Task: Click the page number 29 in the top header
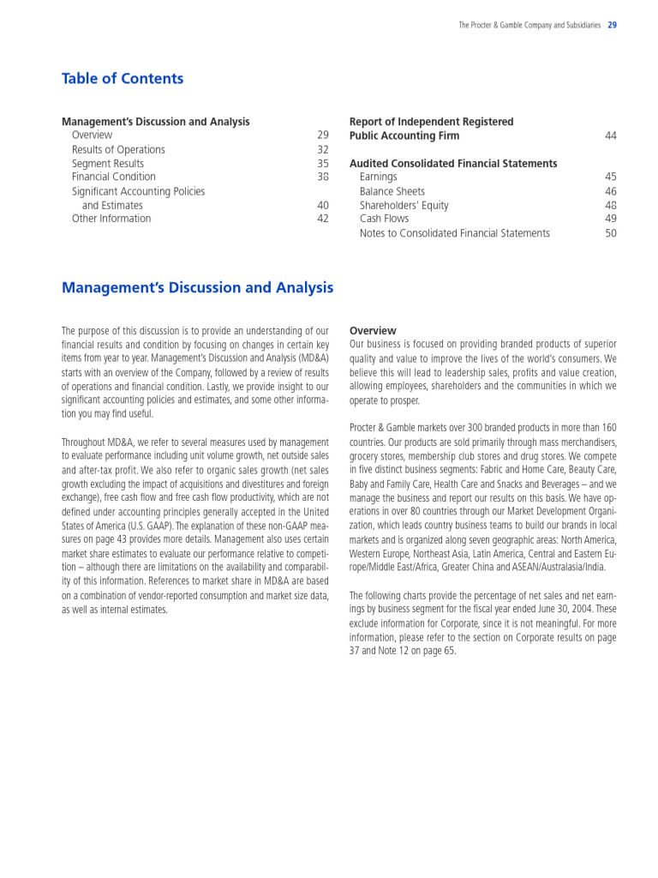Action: point(612,26)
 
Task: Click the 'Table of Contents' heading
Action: point(123,79)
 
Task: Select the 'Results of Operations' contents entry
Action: point(118,150)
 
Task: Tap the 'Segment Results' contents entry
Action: point(108,164)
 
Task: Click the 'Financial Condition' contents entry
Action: point(114,177)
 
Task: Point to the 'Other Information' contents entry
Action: point(111,219)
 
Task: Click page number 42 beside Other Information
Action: point(323,219)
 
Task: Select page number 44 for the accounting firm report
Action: point(610,136)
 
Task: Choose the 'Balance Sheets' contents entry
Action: point(392,192)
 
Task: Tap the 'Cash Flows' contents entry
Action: point(384,219)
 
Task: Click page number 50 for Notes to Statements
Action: point(610,233)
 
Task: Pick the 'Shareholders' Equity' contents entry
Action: point(404,206)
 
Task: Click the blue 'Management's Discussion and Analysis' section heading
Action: point(197,288)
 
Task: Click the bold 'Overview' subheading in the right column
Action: point(373,331)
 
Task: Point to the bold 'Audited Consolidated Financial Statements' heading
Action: point(453,164)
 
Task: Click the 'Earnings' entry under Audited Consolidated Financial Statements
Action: point(378,177)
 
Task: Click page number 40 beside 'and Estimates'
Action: point(323,206)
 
